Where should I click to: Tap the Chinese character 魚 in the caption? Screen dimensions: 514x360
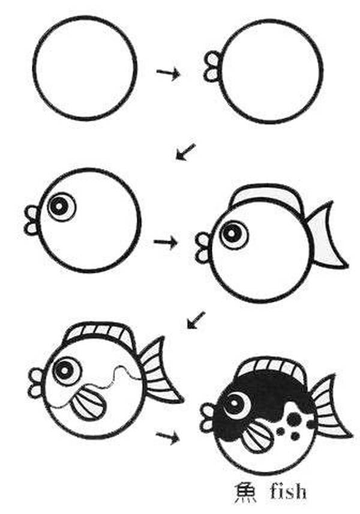click(x=245, y=492)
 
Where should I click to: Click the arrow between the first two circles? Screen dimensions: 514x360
click(x=168, y=74)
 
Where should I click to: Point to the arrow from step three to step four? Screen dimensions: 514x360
click(x=166, y=242)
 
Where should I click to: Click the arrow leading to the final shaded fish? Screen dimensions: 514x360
click(x=167, y=437)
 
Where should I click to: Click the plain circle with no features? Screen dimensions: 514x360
click(x=85, y=68)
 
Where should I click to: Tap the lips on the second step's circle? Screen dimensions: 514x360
click(x=212, y=67)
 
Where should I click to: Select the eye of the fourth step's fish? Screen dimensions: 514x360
click(x=233, y=234)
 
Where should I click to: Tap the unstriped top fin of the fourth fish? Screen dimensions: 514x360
click(x=265, y=196)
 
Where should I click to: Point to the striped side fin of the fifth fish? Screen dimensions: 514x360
click(x=88, y=404)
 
